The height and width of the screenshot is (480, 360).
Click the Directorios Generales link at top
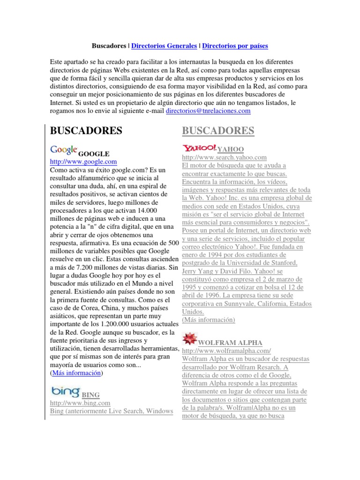[164, 46]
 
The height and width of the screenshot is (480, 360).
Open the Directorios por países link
[235, 46]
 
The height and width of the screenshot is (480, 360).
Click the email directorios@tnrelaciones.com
[209, 111]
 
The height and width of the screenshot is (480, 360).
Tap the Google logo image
[63, 150]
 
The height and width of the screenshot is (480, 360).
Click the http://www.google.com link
[83, 162]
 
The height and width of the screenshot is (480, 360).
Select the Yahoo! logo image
[199, 147]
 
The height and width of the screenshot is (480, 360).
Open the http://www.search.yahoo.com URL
[224, 157]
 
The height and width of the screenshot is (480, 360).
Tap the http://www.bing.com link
[80, 403]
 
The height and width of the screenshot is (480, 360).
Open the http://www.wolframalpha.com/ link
[226, 351]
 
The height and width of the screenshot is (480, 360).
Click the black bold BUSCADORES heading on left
[86, 131]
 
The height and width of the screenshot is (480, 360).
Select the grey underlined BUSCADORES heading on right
[218, 131]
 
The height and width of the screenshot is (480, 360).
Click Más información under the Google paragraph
[76, 373]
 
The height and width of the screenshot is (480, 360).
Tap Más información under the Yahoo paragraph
[208, 320]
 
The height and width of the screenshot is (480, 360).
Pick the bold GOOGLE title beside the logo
[94, 153]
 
